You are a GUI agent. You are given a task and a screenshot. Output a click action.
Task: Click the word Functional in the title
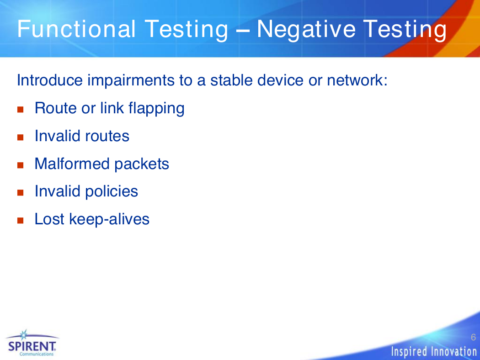click(76, 29)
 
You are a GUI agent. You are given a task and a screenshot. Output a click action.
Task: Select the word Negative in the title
click(306, 29)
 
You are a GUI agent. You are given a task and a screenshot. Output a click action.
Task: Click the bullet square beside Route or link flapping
click(21, 110)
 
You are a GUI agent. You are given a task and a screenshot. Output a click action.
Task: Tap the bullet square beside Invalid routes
click(21, 138)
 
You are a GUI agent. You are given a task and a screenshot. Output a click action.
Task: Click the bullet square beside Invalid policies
click(21, 193)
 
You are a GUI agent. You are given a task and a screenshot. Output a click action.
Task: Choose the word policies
click(111, 192)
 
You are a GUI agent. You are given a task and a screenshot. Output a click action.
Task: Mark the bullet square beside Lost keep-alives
click(21, 221)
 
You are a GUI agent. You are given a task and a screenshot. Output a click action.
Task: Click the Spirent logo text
click(32, 347)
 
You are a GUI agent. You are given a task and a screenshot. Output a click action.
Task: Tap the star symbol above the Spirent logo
click(24, 335)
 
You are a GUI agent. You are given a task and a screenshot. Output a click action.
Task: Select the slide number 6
click(473, 337)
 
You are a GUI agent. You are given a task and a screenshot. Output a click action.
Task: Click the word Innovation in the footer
click(454, 352)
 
